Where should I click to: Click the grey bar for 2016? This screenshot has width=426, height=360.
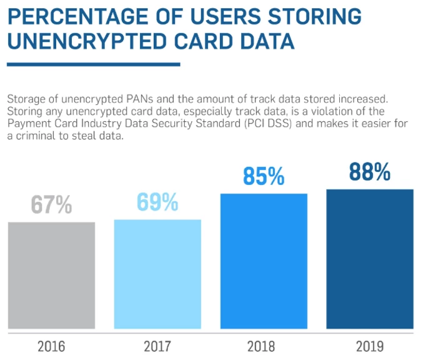pos(51,275)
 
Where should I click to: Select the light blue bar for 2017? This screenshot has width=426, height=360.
pos(157,274)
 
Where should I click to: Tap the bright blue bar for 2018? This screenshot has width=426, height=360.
pos(264,261)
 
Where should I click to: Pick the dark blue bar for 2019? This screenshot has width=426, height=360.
pos(370,259)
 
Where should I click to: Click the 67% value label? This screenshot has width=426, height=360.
pos(51,205)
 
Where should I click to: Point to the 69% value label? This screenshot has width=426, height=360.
pos(157,202)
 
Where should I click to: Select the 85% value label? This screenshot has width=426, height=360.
pos(264,176)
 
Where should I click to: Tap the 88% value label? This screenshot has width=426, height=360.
pos(370,172)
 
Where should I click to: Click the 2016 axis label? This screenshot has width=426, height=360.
pos(51,346)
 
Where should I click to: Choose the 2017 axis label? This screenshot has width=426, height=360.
pos(157,346)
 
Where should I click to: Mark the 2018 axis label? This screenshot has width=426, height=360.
pos(264,346)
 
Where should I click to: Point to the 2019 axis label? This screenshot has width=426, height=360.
pos(370,346)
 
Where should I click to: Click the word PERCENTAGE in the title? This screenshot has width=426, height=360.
pos(75,15)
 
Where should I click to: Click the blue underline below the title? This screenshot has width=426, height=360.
pos(93,64)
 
